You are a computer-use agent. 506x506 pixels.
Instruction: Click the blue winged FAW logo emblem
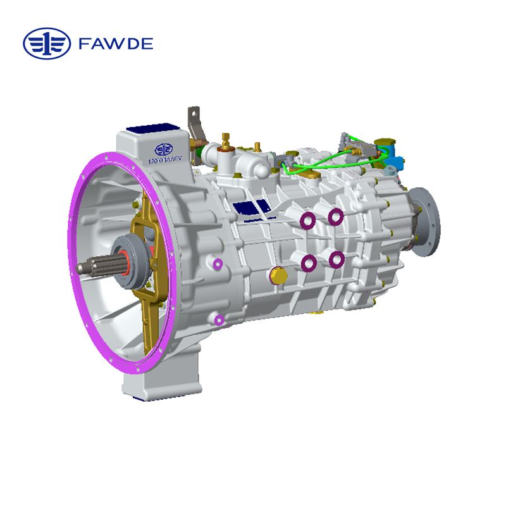coord(47,44)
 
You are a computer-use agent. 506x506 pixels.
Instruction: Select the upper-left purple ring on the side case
coord(308,220)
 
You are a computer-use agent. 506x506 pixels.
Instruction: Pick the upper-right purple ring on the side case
coord(336,216)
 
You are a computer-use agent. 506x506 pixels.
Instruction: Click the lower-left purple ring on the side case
coord(309,262)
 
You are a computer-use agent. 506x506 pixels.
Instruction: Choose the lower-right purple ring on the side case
coord(336,258)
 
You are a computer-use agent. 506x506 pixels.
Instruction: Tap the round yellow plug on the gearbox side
coord(276,275)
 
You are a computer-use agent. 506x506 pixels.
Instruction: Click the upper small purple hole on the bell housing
coord(219,263)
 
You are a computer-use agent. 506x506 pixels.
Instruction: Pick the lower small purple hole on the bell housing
coord(219,319)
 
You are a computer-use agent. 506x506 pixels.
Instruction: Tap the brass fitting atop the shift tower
coord(225,139)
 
